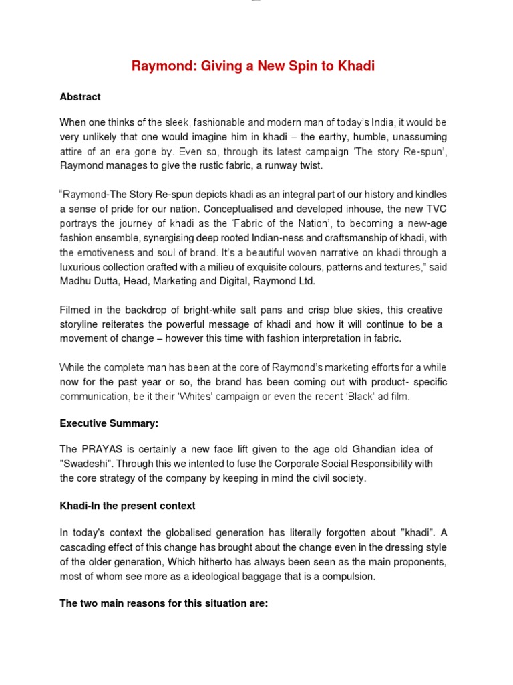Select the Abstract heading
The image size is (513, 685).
(80, 97)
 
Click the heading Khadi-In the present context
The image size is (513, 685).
(128, 506)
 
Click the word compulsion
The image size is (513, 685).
(352, 577)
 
